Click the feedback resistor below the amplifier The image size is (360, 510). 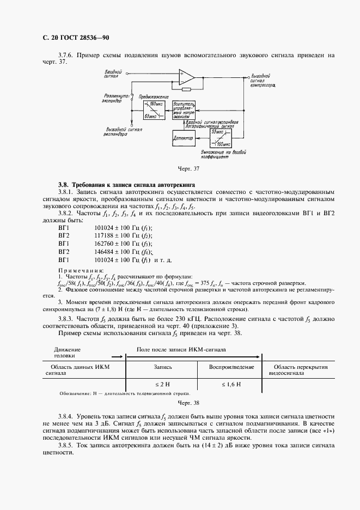pos(186,89)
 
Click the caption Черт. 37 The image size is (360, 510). pos(180,168)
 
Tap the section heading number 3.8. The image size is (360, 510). pos(64,185)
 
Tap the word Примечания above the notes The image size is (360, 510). pos(81,270)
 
